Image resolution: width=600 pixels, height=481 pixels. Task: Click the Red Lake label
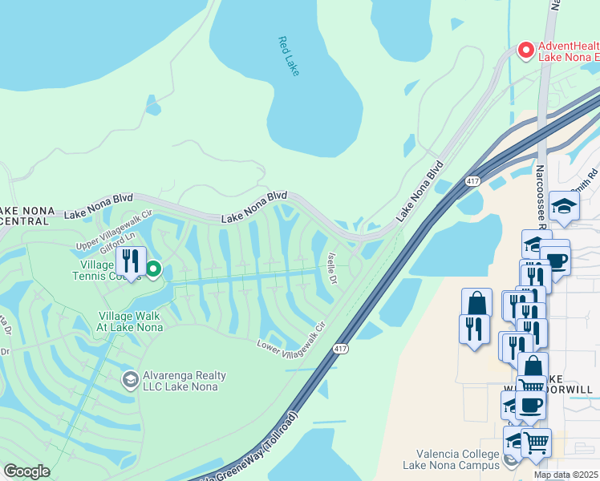click(289, 56)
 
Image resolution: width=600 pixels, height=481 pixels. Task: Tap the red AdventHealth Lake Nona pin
click(526, 51)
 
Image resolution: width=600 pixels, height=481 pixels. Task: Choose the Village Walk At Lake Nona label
click(131, 321)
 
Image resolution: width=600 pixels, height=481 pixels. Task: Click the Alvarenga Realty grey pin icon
click(128, 378)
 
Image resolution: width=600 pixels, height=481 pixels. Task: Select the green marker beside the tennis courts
click(152, 269)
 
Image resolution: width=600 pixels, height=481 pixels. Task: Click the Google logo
click(26, 471)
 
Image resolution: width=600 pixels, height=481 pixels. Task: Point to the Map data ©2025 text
click(566, 475)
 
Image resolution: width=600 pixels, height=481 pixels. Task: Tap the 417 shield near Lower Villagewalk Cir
click(341, 349)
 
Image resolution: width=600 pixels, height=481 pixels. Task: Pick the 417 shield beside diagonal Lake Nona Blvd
click(466, 182)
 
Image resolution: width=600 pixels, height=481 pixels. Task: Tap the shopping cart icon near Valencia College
click(535, 441)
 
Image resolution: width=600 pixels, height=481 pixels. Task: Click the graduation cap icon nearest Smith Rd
click(564, 206)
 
